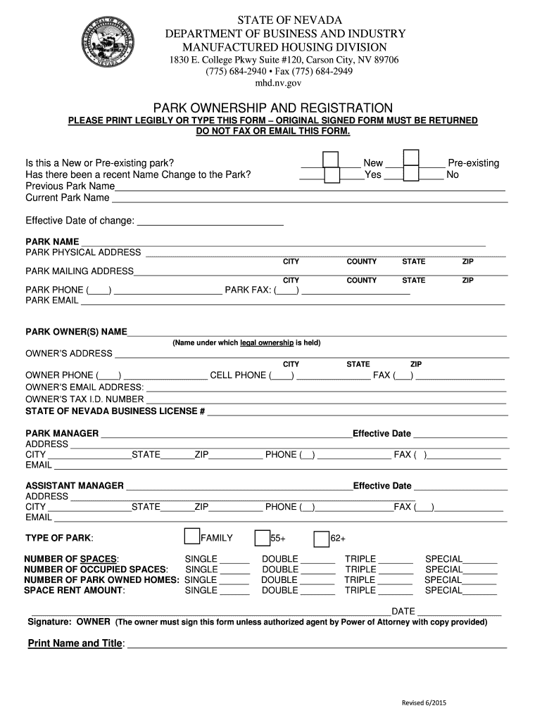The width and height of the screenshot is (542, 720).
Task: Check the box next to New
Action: pyautogui.click(x=331, y=159)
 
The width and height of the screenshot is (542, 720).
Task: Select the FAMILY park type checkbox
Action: pyautogui.click(x=191, y=536)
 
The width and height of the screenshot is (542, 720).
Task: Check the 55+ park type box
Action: pyautogui.click(x=263, y=539)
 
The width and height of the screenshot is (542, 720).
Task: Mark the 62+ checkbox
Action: pyautogui.click(x=322, y=539)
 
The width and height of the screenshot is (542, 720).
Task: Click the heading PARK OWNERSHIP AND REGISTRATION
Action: pyautogui.click(x=272, y=108)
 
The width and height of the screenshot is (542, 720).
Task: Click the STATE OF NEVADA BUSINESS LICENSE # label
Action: pyautogui.click(x=115, y=411)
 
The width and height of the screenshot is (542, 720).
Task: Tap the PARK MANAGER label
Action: pyautogui.click(x=62, y=433)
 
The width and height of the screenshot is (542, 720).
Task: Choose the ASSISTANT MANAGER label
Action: pyautogui.click(x=75, y=486)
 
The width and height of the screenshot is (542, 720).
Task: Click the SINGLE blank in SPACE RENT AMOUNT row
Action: pyautogui.click(x=234, y=591)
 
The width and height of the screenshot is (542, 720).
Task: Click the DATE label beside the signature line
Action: pyautogui.click(x=403, y=611)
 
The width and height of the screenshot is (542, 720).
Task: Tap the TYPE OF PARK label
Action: pyautogui.click(x=58, y=539)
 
